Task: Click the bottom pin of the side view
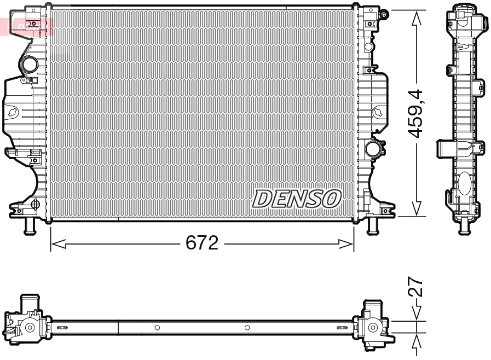click(465, 227)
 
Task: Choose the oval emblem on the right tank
click(378, 112)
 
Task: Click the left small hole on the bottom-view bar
click(157, 328)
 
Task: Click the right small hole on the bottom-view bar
click(247, 328)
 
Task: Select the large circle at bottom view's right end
click(373, 328)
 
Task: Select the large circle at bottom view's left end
click(30, 328)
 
